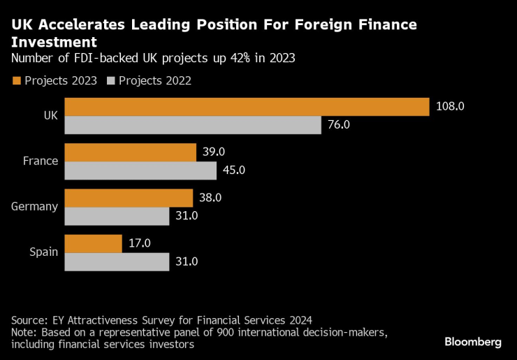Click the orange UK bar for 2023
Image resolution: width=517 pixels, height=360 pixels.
click(x=246, y=106)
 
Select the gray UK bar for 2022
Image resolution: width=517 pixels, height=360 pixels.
click(x=192, y=124)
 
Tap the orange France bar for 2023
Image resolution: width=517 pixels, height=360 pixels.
click(x=130, y=152)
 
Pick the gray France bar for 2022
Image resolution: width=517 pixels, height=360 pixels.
click(x=140, y=170)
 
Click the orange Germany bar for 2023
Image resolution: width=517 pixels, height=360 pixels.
click(x=129, y=198)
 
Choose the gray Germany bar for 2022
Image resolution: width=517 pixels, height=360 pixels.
click(x=117, y=216)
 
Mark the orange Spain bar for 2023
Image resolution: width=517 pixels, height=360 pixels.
click(x=93, y=243)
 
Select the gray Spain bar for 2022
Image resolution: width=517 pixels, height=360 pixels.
click(x=117, y=261)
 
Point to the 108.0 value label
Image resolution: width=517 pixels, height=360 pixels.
click(x=450, y=106)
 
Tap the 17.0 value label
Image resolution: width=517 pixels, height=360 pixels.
click(x=139, y=243)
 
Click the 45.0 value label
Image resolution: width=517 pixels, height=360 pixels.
click(x=234, y=170)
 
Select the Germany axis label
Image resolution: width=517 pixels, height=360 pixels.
click(x=34, y=206)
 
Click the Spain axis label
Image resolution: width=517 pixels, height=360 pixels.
click(x=43, y=252)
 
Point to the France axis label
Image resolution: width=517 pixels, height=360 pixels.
click(x=40, y=161)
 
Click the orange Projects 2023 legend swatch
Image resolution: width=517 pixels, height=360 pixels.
click(x=16, y=80)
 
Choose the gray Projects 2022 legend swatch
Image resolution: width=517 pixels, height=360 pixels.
click(x=110, y=80)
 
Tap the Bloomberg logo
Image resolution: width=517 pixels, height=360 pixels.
click(x=473, y=342)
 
